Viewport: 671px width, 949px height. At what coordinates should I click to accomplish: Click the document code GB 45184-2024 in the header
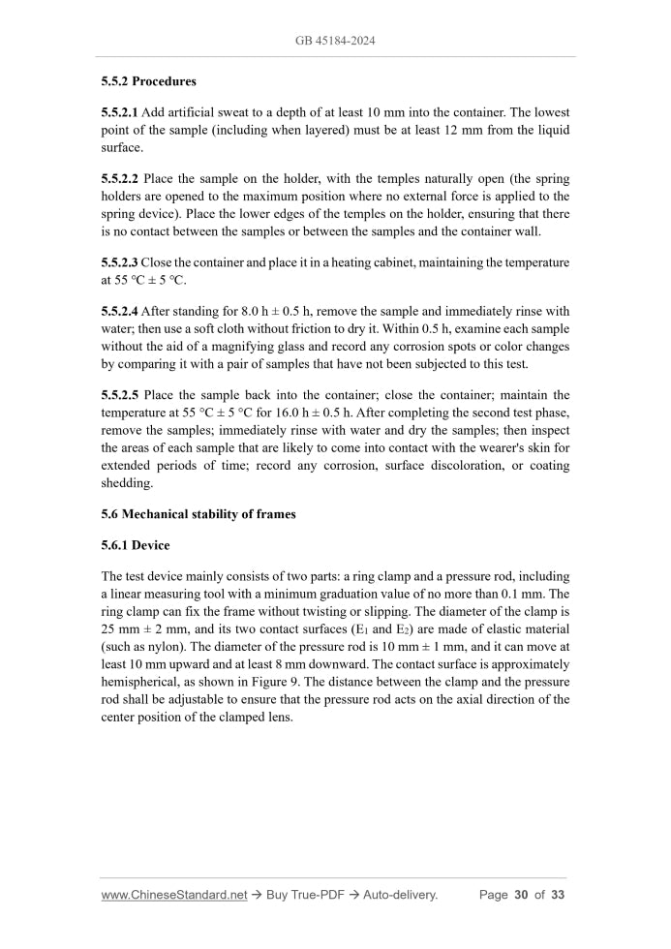[x=335, y=42]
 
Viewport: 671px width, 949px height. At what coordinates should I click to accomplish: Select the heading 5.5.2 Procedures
[x=148, y=80]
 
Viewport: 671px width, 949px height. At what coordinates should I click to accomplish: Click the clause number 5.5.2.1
[x=120, y=114]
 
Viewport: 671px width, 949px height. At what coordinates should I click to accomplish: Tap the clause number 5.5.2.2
[x=120, y=179]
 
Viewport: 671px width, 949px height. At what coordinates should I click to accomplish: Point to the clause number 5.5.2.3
[x=120, y=262]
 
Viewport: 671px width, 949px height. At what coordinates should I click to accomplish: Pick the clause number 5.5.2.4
[x=120, y=311]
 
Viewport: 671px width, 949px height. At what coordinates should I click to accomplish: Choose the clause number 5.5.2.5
[x=120, y=395]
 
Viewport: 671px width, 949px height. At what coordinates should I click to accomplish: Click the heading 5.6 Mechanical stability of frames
[x=198, y=514]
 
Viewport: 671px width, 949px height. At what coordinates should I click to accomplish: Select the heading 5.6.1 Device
[x=136, y=545]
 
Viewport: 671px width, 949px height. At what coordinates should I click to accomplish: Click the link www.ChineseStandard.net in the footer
[x=174, y=895]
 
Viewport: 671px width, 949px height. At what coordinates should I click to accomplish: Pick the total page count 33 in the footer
[x=558, y=895]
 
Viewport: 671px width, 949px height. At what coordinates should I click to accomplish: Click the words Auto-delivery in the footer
[x=400, y=895]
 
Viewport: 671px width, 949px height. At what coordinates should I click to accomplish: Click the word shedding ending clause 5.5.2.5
[x=127, y=482]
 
